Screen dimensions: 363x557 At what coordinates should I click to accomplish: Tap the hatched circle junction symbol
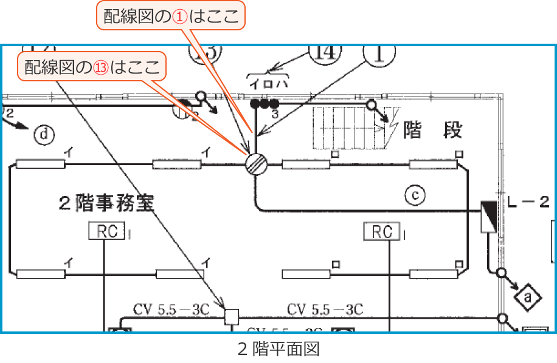pos(257,164)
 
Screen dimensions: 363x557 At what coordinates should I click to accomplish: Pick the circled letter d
pos(43,135)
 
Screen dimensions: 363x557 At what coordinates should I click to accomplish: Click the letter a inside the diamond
pos(527,297)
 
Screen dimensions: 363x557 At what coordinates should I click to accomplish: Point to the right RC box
pos(382,231)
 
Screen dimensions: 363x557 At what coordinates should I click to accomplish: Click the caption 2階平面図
pos(278,349)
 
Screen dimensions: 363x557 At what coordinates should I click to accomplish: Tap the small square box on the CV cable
pos(232,316)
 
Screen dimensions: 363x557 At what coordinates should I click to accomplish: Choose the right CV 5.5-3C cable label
pos(325,310)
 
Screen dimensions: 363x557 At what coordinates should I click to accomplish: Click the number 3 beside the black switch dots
pos(275,114)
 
